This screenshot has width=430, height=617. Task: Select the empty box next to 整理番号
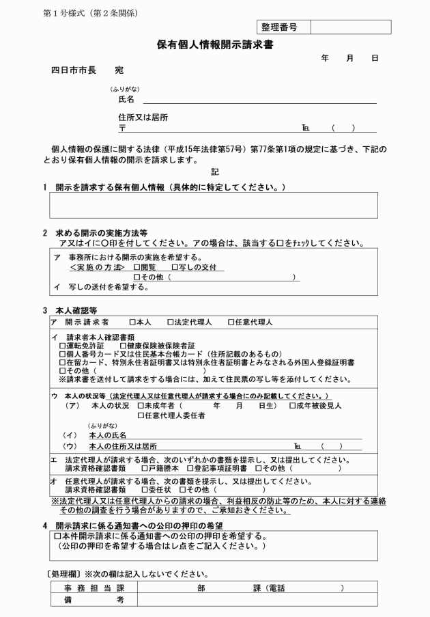point(351,27)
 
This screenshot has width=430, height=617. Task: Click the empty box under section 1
point(214,205)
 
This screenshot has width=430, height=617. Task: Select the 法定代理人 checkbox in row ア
point(171,323)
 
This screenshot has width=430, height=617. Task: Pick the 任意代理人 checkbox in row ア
point(231,323)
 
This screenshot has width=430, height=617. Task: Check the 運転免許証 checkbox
point(63,345)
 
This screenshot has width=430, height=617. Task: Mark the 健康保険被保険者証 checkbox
point(123,345)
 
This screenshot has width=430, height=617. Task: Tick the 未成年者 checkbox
point(141,406)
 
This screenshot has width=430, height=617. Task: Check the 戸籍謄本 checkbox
point(144,469)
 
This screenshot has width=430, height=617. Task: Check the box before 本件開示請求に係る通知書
point(57,536)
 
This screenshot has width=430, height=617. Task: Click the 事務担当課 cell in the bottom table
point(94,588)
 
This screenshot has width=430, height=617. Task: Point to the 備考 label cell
point(94,599)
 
